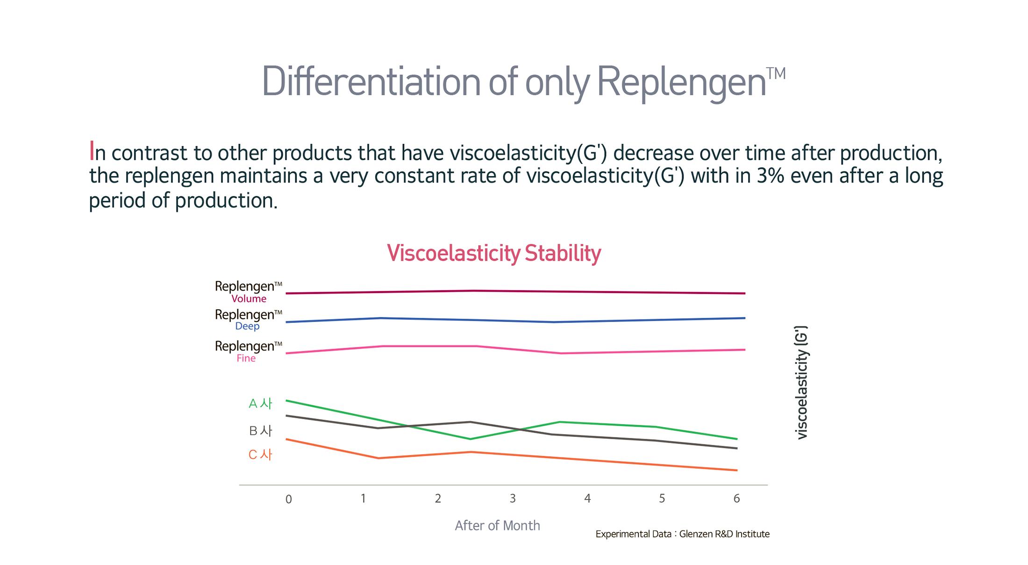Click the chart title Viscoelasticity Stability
pos(494,253)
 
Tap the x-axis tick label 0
pos(288,500)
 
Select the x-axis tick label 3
pos(513,499)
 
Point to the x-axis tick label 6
pos(736,499)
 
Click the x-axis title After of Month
pos(497,526)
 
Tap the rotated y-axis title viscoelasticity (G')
pos(801,383)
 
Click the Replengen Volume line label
pos(249,292)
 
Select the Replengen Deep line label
pos(248,320)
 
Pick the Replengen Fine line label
pos(248,351)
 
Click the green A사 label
pos(260,403)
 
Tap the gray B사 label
pos(260,430)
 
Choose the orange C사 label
pos(260,455)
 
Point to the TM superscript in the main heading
pos(776,74)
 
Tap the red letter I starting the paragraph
pos(92,151)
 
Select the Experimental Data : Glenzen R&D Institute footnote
pos(682,534)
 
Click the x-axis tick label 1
pos(363,499)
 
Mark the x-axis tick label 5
pos(662,499)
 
